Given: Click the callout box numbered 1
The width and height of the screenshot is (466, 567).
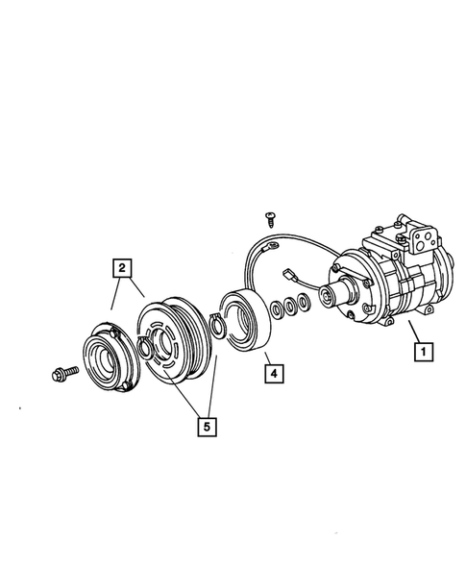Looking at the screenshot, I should click(x=421, y=353).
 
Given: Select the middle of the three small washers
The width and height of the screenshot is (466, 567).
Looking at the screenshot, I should click(x=289, y=308).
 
